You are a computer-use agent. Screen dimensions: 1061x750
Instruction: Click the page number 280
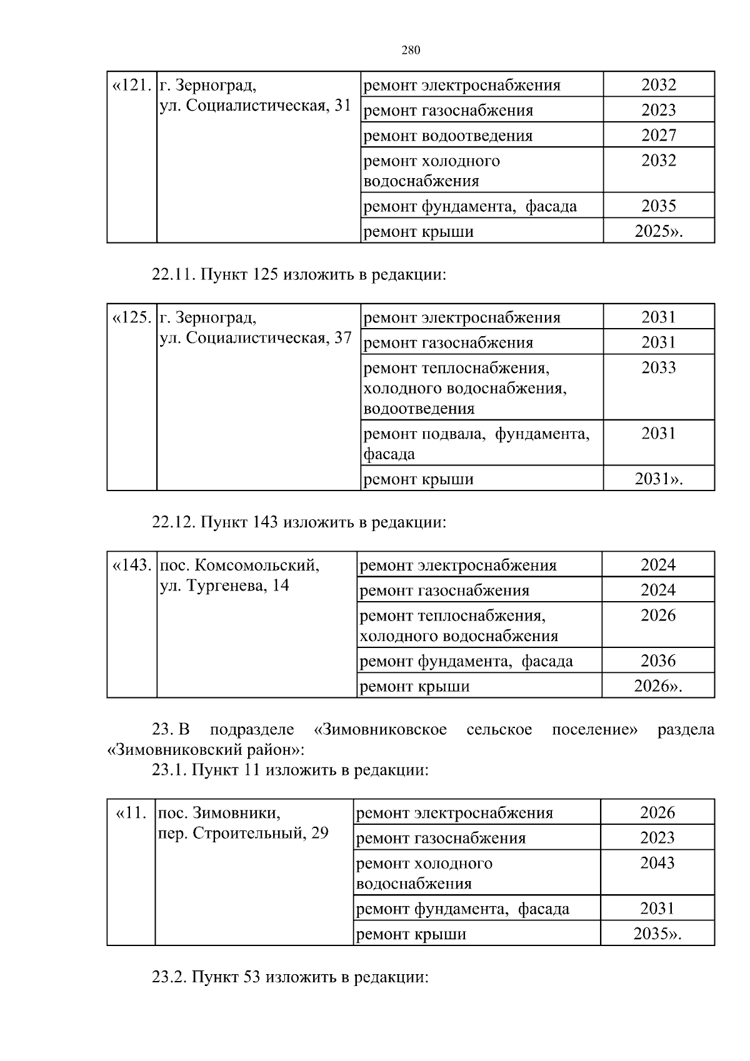[411, 51]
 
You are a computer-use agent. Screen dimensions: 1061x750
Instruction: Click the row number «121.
[132, 85]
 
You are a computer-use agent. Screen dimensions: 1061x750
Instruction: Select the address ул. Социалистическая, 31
[256, 106]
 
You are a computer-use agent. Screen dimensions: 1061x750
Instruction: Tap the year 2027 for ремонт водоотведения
[658, 135]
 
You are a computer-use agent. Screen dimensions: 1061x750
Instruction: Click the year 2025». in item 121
[658, 231]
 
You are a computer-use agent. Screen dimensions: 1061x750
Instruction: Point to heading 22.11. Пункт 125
[299, 274]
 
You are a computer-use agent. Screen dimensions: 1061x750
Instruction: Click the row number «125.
[132, 317]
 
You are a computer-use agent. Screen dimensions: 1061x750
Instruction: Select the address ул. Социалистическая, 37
[256, 338]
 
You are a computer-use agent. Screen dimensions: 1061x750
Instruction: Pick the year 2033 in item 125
[658, 367]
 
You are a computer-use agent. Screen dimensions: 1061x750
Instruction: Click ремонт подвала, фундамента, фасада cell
[476, 443]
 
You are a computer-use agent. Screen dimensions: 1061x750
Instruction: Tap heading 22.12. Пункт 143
[299, 522]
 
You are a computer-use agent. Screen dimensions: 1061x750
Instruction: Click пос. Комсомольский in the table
[239, 565]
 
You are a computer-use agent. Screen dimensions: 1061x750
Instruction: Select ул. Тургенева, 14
[224, 586]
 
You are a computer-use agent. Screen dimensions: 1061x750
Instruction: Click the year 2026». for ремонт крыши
[657, 686]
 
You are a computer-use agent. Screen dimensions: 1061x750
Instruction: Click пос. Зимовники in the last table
[219, 813]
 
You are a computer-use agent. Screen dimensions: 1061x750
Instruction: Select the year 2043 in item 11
[657, 863]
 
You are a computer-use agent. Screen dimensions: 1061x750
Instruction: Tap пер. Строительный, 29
[243, 834]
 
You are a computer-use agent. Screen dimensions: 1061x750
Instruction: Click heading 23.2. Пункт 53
[290, 977]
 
